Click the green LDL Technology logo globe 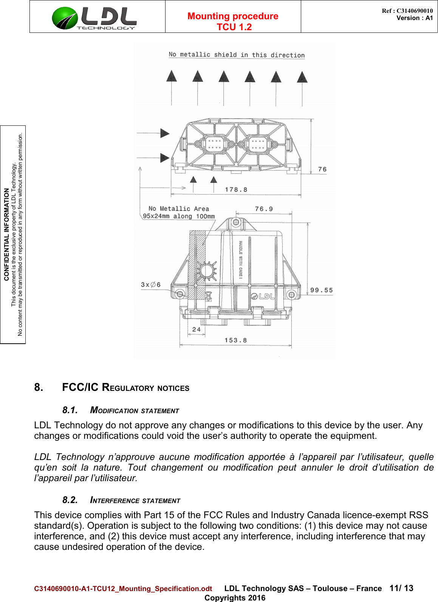[65, 18]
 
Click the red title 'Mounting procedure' [233, 16]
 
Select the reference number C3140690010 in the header [414, 11]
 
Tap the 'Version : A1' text [414, 18]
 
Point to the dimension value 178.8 [236, 190]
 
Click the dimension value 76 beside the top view [322, 169]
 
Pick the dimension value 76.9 [263, 209]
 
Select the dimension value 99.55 [321, 290]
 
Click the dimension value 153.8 [235, 340]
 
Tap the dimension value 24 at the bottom [196, 329]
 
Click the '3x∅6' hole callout [150, 285]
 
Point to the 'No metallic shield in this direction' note [237, 55]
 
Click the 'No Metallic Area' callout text [178, 208]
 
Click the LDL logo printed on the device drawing [263, 296]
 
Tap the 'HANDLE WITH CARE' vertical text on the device [240, 259]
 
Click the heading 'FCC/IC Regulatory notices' [125, 387]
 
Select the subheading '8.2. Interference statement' [121, 500]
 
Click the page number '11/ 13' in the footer [401, 588]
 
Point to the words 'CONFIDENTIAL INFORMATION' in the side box [6, 234]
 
